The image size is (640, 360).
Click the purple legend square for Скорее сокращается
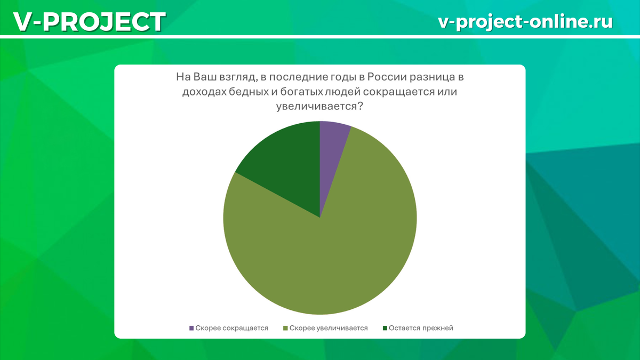point(191,329)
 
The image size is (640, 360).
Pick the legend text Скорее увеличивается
point(329,328)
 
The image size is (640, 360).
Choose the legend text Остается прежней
point(421,328)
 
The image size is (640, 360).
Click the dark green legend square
point(385,329)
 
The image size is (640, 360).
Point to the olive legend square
point(285,329)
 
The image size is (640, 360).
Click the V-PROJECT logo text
point(90,22)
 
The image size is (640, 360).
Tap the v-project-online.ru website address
point(525,22)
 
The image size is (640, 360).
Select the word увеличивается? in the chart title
point(319,107)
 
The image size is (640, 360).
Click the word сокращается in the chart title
point(401,92)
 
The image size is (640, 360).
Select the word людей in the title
point(342,92)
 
